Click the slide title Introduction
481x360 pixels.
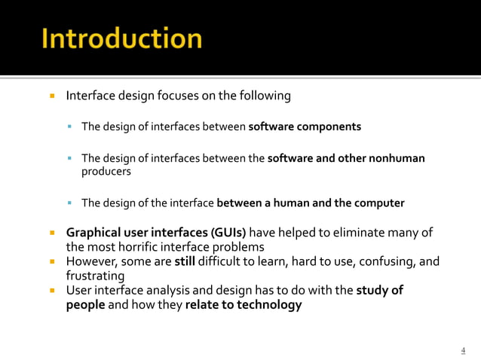click(121, 38)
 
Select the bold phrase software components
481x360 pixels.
click(305, 127)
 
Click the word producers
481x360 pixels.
click(106, 171)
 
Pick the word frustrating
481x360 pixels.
click(96, 276)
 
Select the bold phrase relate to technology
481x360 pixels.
click(244, 305)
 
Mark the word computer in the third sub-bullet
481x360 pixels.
click(378, 203)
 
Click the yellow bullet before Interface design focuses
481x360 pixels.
click(54, 96)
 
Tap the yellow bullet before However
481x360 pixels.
click(54, 262)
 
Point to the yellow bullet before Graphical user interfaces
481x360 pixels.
click(54, 233)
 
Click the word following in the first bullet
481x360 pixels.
click(264, 96)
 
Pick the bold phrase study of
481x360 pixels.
click(379, 291)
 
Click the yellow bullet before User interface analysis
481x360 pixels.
click(54, 291)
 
